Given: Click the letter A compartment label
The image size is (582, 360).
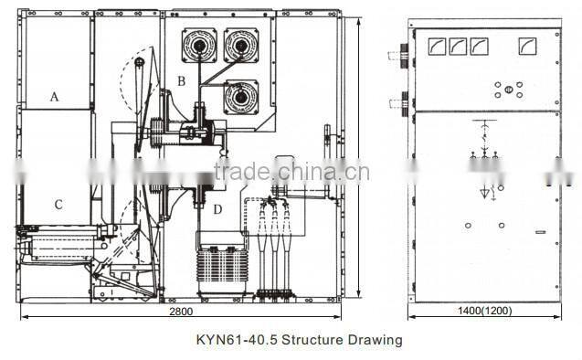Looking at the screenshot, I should click(54, 96).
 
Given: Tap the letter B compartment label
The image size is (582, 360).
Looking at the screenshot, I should click(181, 81).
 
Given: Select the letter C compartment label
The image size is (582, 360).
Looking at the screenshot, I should click(58, 204).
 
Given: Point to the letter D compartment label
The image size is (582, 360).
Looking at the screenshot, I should click(217, 209).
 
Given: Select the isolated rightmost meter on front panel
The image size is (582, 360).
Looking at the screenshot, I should click(527, 46).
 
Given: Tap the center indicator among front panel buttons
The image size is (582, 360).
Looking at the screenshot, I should click(508, 90).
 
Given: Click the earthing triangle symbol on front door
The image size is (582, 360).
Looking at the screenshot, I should click(486, 194).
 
